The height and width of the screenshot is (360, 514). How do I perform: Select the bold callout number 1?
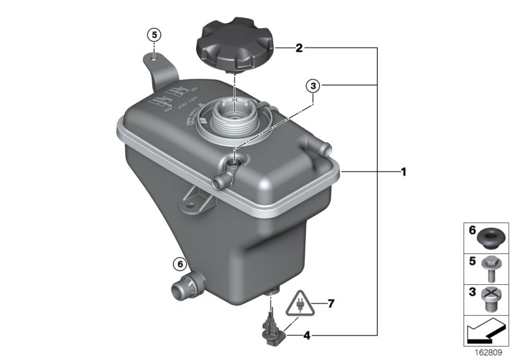click(x=403, y=172)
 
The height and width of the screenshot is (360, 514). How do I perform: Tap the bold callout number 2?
click(x=299, y=48)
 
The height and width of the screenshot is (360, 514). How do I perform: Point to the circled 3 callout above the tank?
click(x=312, y=85)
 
